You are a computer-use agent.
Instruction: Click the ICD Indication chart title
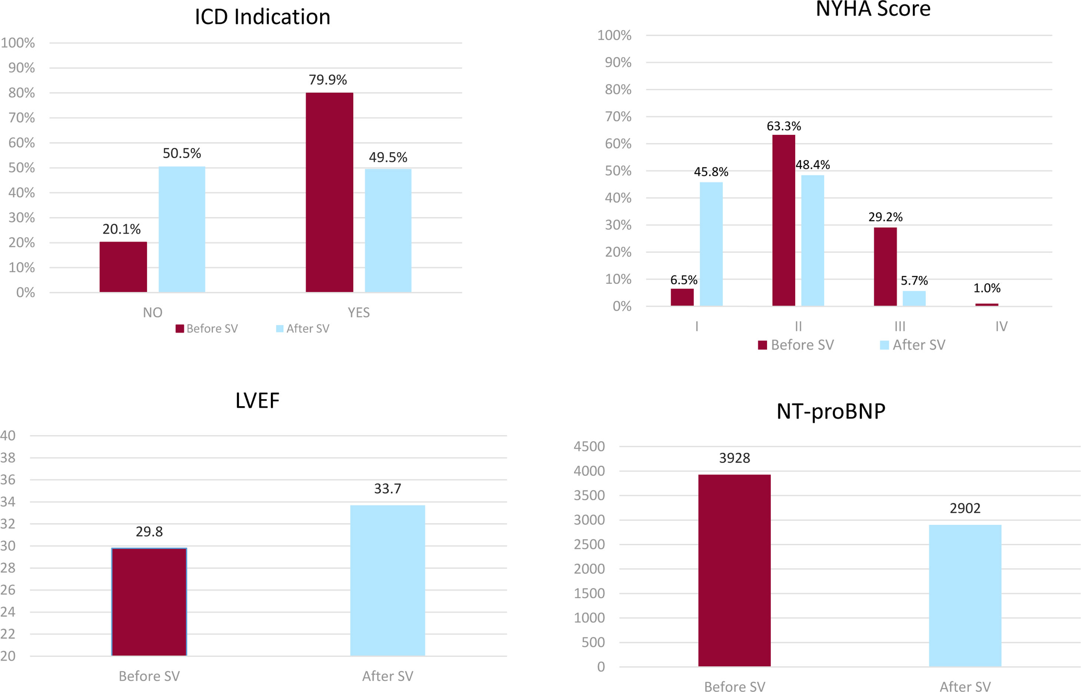point(263,17)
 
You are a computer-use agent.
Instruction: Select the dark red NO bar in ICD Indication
point(123,267)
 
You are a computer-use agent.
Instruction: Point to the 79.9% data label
point(328,80)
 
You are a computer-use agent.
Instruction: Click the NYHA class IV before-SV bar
point(987,305)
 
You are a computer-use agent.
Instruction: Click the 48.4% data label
point(813,165)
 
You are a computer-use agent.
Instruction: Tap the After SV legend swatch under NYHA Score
point(885,345)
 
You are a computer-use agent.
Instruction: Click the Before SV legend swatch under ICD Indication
point(180,329)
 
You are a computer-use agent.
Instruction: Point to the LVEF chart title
point(257,400)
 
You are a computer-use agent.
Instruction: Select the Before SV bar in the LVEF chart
point(149,602)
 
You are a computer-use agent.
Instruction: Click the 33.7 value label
point(388,488)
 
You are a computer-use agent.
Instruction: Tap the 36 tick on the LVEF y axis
point(8,479)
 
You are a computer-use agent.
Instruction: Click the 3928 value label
point(734,458)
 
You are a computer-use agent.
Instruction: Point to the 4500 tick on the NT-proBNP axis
point(589,447)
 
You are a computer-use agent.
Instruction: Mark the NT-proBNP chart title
point(831,411)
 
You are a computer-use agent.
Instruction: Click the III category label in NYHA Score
point(900,326)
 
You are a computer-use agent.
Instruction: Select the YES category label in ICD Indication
point(359,312)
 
